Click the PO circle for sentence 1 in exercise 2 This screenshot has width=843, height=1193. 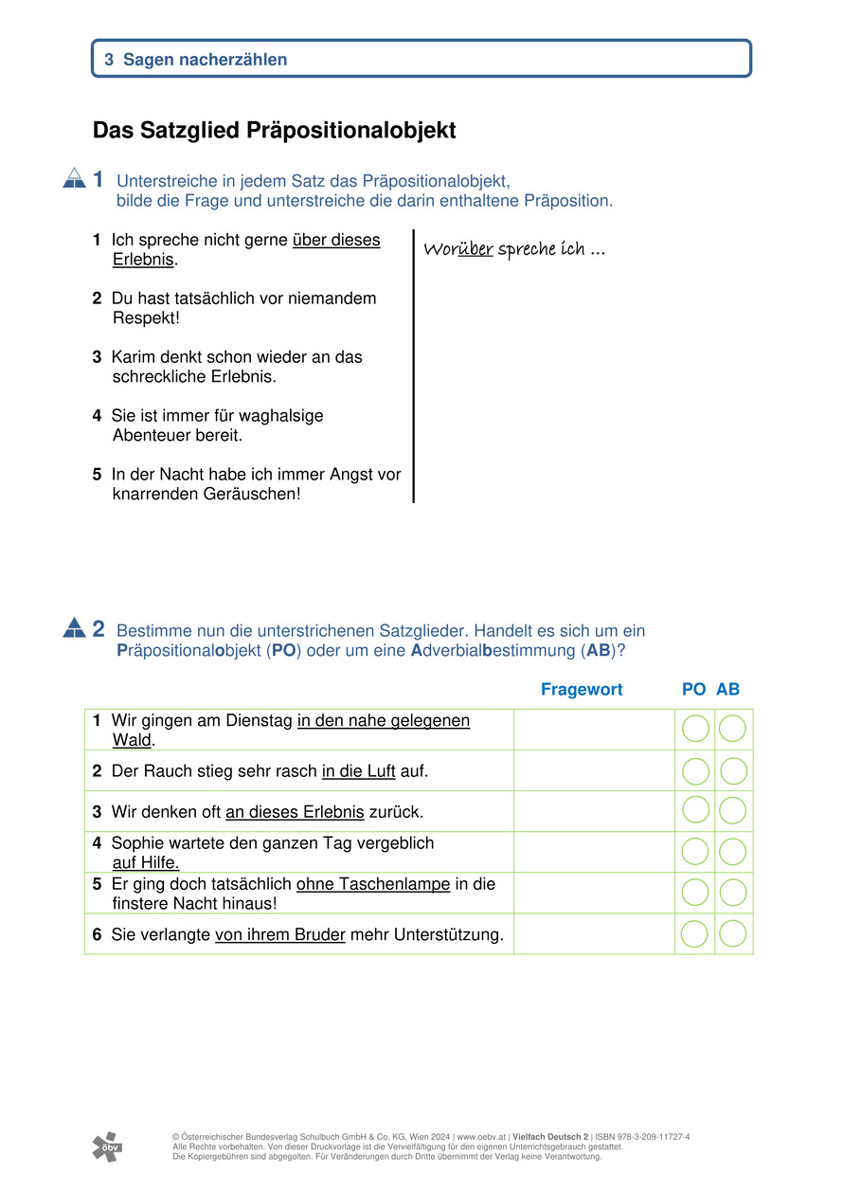(x=695, y=729)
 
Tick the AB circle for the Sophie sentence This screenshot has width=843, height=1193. (x=733, y=852)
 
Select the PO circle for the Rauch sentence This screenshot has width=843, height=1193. (x=695, y=771)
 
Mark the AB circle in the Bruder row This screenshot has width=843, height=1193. (x=733, y=934)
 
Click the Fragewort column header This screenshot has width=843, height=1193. (x=582, y=690)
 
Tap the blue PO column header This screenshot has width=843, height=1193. (x=693, y=690)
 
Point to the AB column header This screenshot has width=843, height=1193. (x=727, y=690)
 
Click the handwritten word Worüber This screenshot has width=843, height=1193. (x=458, y=250)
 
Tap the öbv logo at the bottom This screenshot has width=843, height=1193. (x=107, y=1147)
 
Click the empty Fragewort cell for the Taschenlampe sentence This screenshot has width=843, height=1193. (x=594, y=893)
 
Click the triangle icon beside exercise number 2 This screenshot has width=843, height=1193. (x=74, y=627)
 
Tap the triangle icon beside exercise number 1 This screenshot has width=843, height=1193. (x=74, y=178)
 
